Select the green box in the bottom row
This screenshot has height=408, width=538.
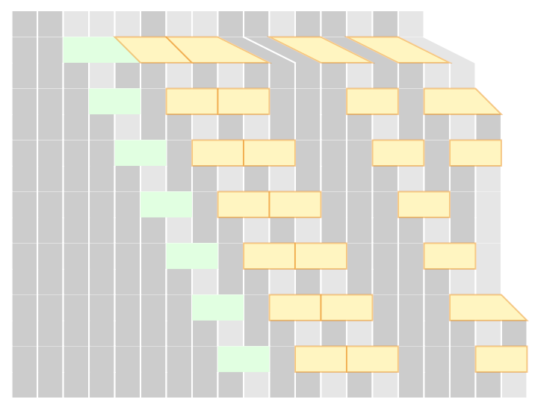tap(243, 359)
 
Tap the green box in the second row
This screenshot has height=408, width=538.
tap(114, 101)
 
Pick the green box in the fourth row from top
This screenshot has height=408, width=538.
tap(166, 204)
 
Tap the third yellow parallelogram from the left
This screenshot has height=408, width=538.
tap(321, 50)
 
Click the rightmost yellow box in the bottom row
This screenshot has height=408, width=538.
tap(501, 359)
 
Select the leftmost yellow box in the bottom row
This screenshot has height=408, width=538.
tap(321, 359)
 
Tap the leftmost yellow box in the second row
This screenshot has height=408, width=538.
tap(192, 101)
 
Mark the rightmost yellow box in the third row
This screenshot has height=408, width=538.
tap(475, 152)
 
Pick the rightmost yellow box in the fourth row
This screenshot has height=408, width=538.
tap(424, 204)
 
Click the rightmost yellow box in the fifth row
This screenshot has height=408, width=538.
tap(449, 256)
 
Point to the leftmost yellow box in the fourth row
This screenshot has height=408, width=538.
tap(244, 204)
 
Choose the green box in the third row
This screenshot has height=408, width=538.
tap(140, 152)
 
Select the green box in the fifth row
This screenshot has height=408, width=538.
tap(192, 256)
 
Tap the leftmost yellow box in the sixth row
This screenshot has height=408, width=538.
tap(295, 307)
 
